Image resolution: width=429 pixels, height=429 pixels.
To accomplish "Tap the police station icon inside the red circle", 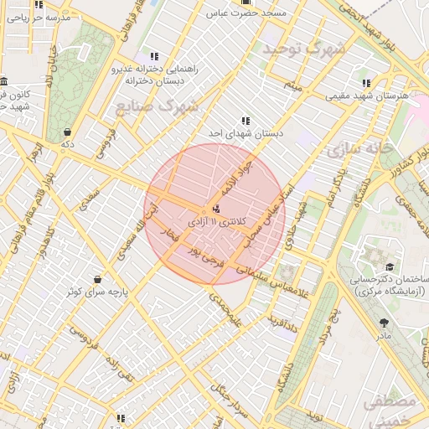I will [217, 208].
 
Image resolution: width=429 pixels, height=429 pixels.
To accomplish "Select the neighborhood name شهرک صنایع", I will [158, 106].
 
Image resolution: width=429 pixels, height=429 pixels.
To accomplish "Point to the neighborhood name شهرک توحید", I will [304, 49].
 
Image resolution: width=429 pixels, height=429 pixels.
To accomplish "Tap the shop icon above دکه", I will [67, 132].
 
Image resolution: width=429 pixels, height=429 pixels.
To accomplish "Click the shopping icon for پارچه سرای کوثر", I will [98, 279].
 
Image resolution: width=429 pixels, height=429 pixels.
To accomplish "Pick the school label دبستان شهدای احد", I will [246, 133].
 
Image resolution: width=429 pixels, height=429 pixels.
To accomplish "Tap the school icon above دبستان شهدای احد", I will [246, 121].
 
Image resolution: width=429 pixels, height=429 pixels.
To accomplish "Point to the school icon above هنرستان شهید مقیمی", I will [367, 83].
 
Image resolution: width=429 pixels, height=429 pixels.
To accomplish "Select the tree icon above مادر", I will [385, 323].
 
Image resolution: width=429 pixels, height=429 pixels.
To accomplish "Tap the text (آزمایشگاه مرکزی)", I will [390, 291].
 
